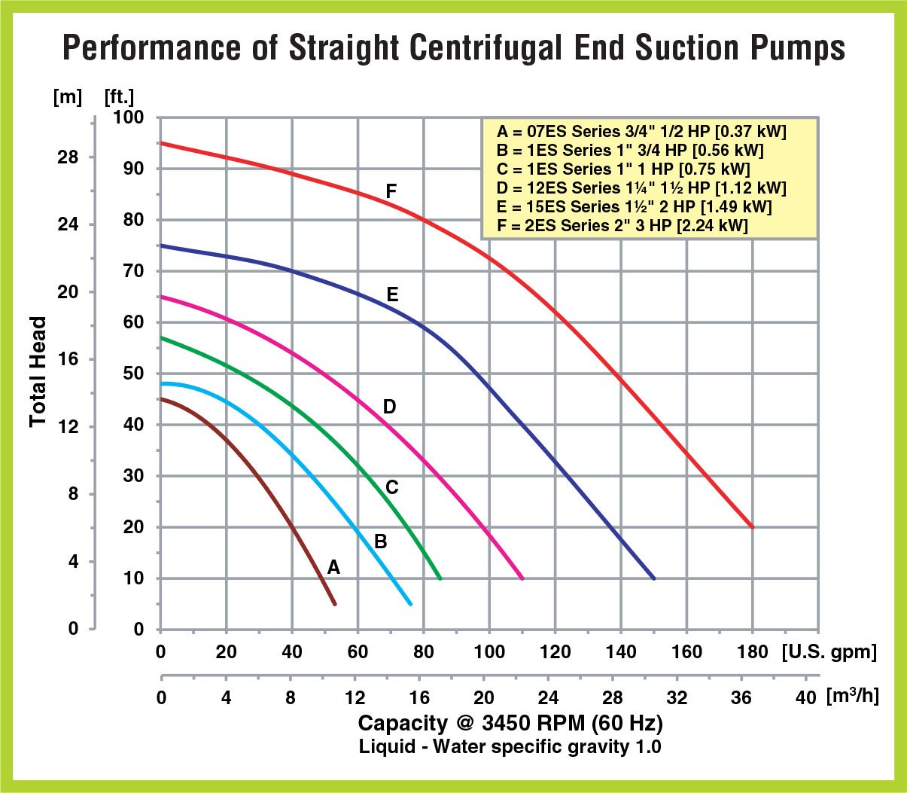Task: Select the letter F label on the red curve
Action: tap(391, 192)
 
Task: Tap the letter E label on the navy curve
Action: tap(392, 294)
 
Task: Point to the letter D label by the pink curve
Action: tap(389, 407)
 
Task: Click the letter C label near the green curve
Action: tap(391, 488)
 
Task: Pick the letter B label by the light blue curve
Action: tap(381, 541)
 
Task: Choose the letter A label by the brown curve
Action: tap(333, 568)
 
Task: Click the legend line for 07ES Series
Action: tap(641, 132)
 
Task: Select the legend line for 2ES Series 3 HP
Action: tap(622, 226)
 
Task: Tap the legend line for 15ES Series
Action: tap(635, 207)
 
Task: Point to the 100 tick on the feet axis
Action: tap(128, 117)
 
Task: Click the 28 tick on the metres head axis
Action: tap(68, 157)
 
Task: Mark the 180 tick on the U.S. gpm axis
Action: tap(752, 652)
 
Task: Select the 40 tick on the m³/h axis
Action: tap(805, 697)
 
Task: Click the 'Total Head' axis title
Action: tap(38, 371)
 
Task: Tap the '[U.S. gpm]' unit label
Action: tap(829, 651)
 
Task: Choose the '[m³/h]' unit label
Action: tap(852, 696)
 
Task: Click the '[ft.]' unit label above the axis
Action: tap(119, 97)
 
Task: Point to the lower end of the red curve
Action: tap(752, 527)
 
